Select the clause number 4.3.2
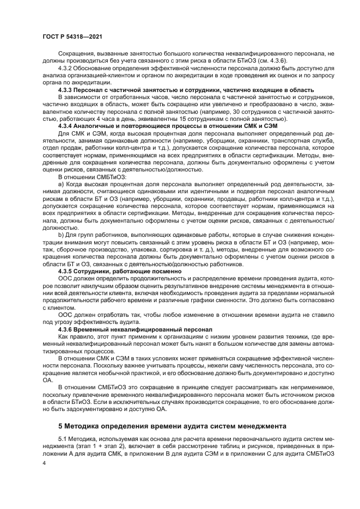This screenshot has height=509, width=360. click(67, 76)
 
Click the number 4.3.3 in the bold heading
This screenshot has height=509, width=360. click(68, 90)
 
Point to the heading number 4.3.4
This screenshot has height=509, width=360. click(68, 126)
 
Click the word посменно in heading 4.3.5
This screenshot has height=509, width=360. click(164, 270)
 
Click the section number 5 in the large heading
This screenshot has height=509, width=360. click(60, 425)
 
